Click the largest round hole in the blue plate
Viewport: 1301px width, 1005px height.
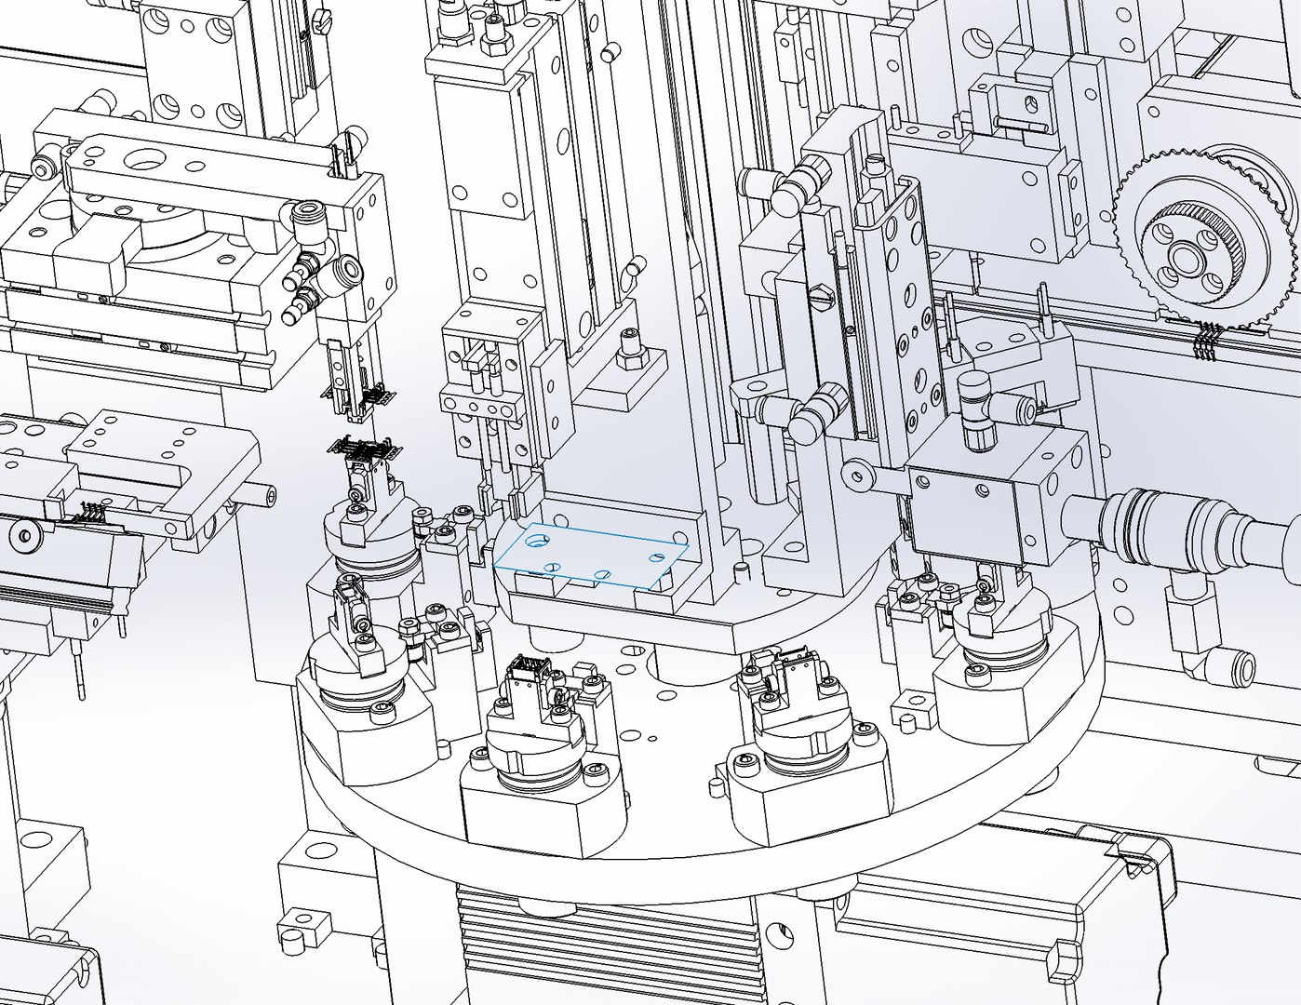tap(538, 539)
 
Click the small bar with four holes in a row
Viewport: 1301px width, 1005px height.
tap(480, 408)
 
